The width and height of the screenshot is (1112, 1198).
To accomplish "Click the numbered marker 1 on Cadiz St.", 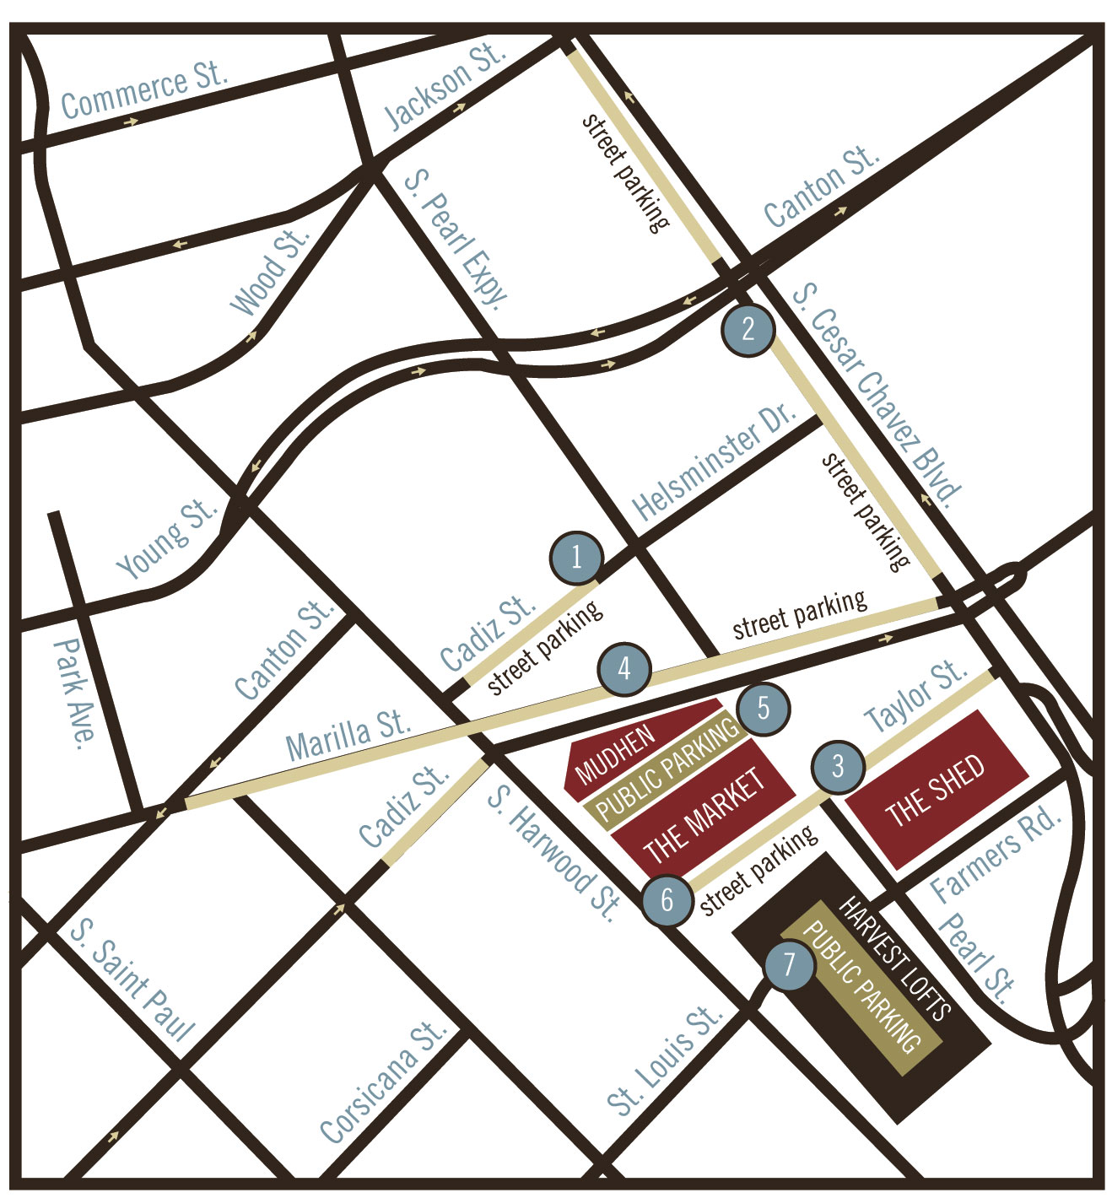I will (x=576, y=557).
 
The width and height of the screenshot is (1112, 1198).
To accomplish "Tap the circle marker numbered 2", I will (x=748, y=329).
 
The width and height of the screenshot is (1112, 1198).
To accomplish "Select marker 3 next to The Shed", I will (x=838, y=767).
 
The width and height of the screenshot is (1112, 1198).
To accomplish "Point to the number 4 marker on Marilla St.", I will (x=624, y=669).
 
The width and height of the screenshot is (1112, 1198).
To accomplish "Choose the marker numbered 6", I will (x=667, y=899).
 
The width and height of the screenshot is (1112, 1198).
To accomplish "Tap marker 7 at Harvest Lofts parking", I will (x=789, y=963).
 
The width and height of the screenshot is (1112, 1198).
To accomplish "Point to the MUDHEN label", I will (x=615, y=753).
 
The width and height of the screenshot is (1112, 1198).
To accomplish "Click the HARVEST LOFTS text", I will (x=895, y=958).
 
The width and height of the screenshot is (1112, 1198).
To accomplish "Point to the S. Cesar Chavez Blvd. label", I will (x=877, y=395).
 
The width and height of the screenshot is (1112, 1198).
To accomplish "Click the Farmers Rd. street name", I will (x=995, y=854).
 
